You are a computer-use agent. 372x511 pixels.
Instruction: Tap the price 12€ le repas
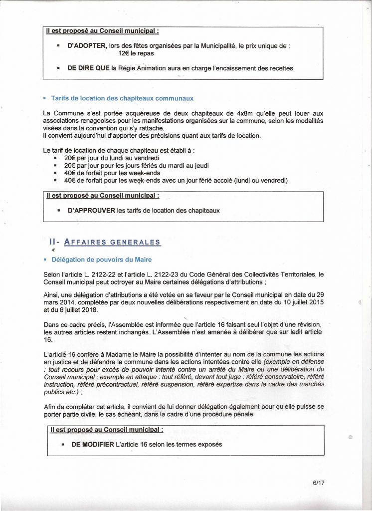pyautogui.click(x=136, y=53)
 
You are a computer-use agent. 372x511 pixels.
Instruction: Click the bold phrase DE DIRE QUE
pyautogui.click(x=88, y=68)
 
